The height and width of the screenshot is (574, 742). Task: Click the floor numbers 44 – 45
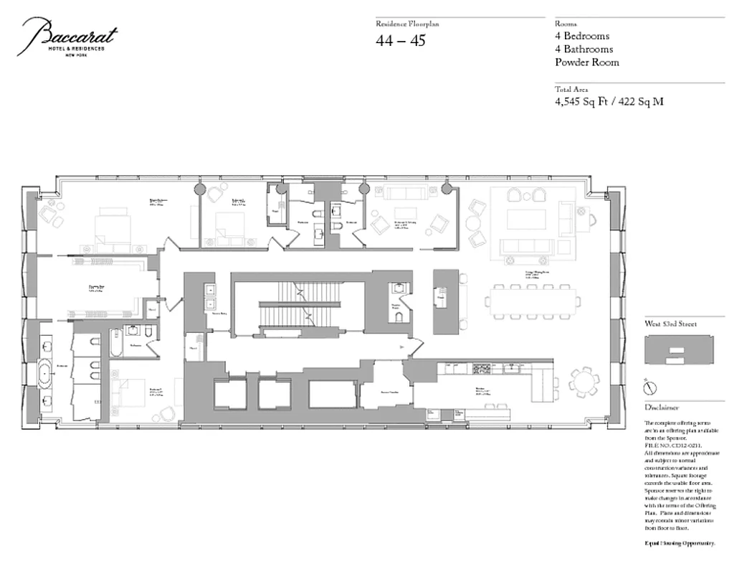tap(400, 41)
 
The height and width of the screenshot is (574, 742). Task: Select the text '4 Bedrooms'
tap(582, 37)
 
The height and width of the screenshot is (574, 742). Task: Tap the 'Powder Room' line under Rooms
tap(586, 62)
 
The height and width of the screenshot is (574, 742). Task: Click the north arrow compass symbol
tap(650, 387)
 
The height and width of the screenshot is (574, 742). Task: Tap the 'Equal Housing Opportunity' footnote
tap(680, 544)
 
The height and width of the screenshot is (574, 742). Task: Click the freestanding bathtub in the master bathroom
tap(47, 373)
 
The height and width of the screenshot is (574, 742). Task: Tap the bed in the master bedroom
tap(112, 222)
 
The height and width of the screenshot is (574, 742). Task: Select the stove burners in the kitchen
tap(481, 370)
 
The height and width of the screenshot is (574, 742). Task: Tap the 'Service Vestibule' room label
tap(388, 393)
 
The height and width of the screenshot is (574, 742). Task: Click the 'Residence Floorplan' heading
tap(406, 24)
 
